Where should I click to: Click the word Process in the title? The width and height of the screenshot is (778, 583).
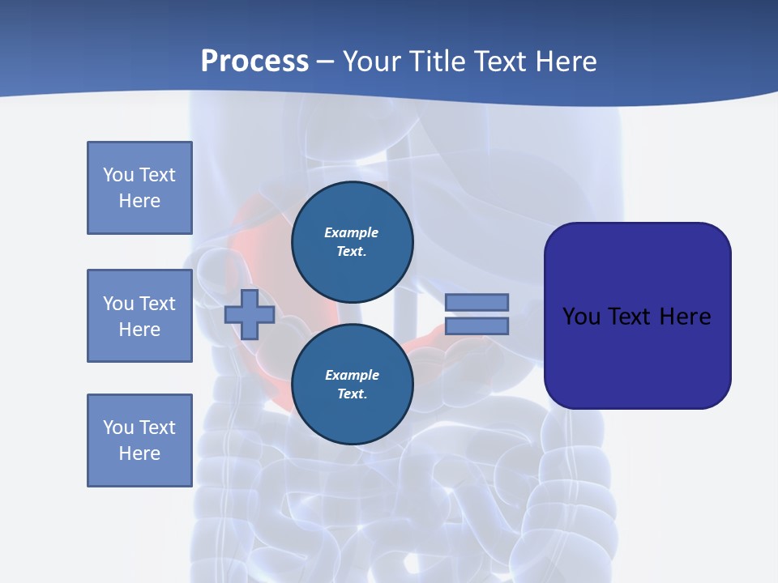pos(254,62)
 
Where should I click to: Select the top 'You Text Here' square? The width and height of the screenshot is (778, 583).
pos(139,188)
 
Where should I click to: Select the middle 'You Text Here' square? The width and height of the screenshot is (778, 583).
pos(139,316)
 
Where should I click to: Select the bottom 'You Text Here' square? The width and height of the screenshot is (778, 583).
pos(139,440)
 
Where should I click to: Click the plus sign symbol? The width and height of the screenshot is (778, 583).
pos(250,314)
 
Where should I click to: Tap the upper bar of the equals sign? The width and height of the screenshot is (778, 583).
pos(477,302)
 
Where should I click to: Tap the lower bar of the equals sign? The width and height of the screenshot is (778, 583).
pos(477,326)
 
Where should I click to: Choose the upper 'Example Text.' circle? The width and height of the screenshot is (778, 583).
pos(352,241)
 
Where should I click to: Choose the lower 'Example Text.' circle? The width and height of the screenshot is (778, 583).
pos(352,384)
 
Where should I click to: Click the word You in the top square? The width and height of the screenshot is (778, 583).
pos(118,175)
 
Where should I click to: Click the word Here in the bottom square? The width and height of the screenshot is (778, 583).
pos(139,453)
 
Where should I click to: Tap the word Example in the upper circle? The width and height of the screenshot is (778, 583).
pos(352,232)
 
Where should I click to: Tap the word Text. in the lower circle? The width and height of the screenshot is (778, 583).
pos(352,394)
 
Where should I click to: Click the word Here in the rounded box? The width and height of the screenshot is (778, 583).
pos(685,317)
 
